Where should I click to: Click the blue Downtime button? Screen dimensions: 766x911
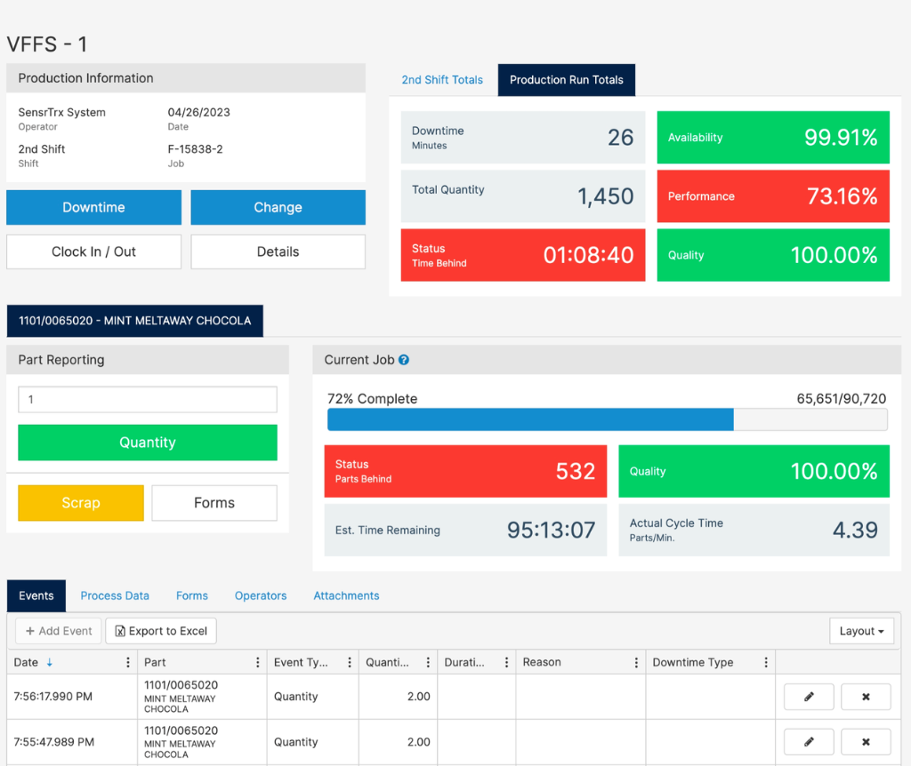(x=93, y=207)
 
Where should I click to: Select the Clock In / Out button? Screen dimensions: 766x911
(x=93, y=251)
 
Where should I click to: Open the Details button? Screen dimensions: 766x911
(x=278, y=251)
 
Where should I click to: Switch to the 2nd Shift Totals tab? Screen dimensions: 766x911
(x=442, y=80)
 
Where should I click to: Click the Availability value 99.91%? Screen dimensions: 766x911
(x=841, y=138)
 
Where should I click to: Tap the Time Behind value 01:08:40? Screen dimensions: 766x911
(x=588, y=256)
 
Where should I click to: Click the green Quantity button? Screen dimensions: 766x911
(x=148, y=443)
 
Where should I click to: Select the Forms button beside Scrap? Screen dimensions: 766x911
(x=214, y=503)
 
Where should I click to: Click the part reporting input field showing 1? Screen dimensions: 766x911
(x=148, y=400)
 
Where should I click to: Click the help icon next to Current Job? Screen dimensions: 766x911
(x=404, y=360)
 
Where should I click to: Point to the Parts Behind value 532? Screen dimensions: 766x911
(x=575, y=472)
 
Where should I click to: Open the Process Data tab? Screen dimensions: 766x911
(x=115, y=596)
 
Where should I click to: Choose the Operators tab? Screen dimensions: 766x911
(x=261, y=596)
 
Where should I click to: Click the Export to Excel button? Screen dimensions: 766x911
(x=161, y=631)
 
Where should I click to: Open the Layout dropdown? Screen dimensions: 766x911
(x=861, y=631)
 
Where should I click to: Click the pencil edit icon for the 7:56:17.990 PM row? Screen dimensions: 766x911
(x=809, y=697)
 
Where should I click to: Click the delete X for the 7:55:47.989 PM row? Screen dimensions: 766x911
(x=866, y=742)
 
